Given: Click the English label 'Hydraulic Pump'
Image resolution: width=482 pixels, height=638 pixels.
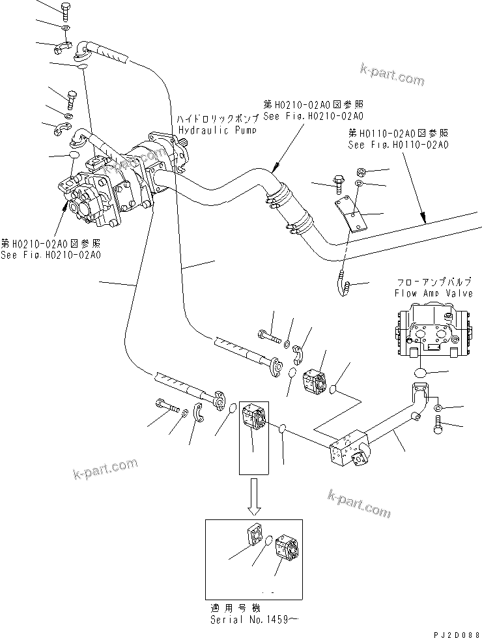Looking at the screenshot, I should [216, 130].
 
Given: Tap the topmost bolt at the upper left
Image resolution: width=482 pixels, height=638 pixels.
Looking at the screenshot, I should [66, 10].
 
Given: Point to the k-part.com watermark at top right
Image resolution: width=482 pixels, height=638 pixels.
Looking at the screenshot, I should [391, 74].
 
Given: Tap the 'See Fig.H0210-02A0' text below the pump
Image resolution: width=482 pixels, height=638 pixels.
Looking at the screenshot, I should [51, 255].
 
